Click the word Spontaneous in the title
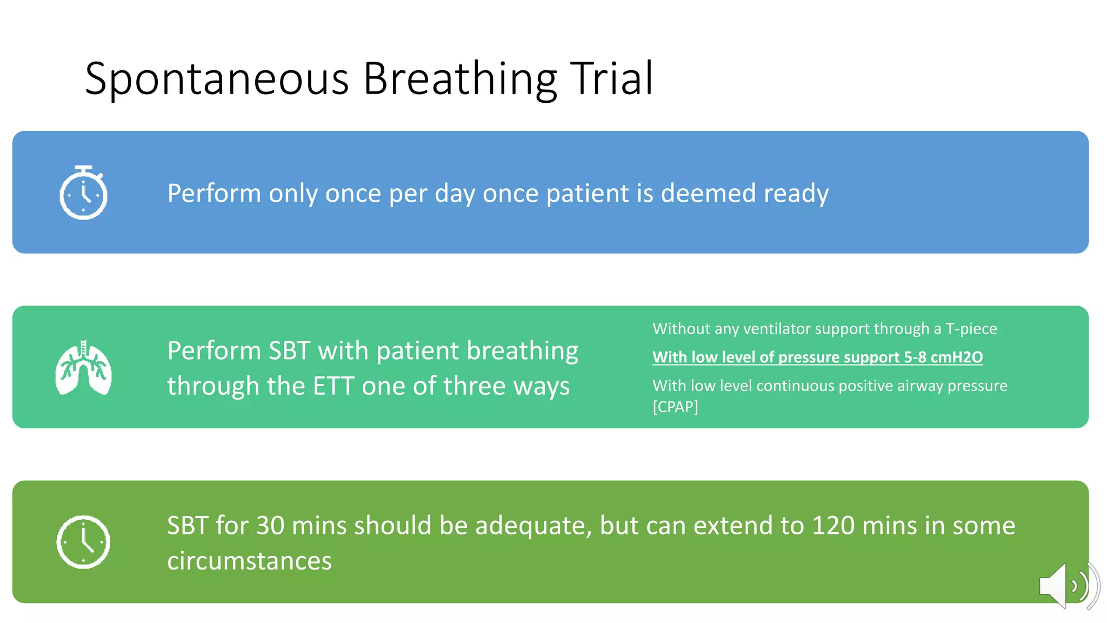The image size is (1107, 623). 216,80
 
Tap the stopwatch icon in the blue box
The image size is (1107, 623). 83,193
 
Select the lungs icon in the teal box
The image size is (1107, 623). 83,368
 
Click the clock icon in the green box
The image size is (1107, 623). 83,542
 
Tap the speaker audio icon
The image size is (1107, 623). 1067,586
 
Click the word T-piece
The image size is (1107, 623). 971,329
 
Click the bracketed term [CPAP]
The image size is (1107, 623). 675,407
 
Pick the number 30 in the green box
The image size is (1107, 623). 270,526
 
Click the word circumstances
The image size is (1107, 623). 249,561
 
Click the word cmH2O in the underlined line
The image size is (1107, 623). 956,357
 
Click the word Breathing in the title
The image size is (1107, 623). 459,80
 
